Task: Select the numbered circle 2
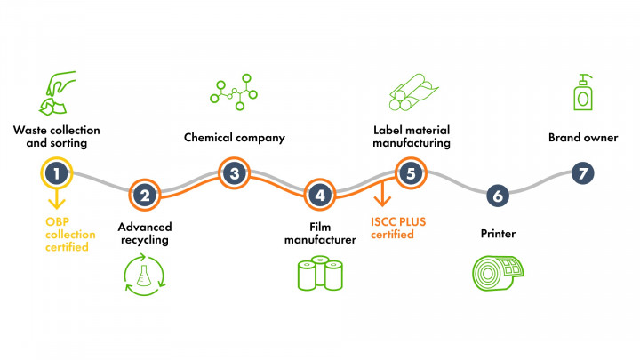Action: (144, 194)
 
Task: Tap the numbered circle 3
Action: (234, 172)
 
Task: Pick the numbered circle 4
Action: (319, 194)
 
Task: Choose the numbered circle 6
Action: (498, 194)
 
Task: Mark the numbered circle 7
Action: (582, 172)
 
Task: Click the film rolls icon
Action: (320, 273)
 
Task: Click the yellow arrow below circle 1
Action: (55, 197)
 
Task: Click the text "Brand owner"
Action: (582, 138)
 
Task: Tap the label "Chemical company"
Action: (234, 138)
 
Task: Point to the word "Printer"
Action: (498, 234)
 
